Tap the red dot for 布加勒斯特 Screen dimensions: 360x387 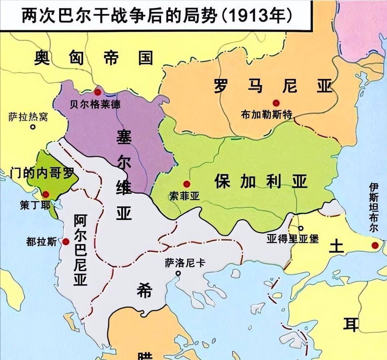[x=276, y=103]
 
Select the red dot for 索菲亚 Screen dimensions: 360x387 [x=186, y=184]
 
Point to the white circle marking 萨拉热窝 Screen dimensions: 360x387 [x=33, y=127]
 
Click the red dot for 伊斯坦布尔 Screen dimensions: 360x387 [x=375, y=246]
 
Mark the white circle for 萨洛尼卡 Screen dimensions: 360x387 [x=178, y=273]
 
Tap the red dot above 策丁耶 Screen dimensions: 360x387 [x=46, y=194]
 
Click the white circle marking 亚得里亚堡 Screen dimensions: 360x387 [x=301, y=228]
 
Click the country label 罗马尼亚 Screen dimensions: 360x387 [x=274, y=86]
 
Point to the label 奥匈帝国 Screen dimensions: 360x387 [x=94, y=58]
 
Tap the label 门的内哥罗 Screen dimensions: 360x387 [x=42, y=173]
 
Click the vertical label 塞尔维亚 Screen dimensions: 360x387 [x=124, y=175]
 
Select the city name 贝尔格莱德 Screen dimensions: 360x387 [x=95, y=104]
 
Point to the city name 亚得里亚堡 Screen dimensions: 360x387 [x=293, y=239]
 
